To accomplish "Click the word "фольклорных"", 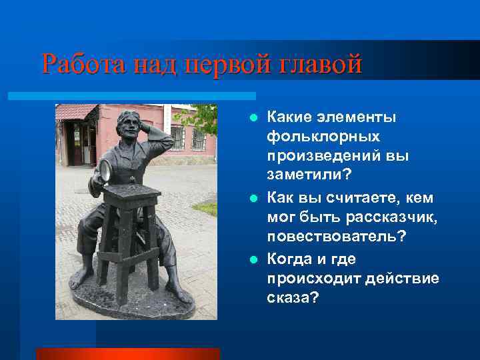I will [323, 137].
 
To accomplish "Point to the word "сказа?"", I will [293, 299].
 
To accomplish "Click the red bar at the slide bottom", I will [127, 353].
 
